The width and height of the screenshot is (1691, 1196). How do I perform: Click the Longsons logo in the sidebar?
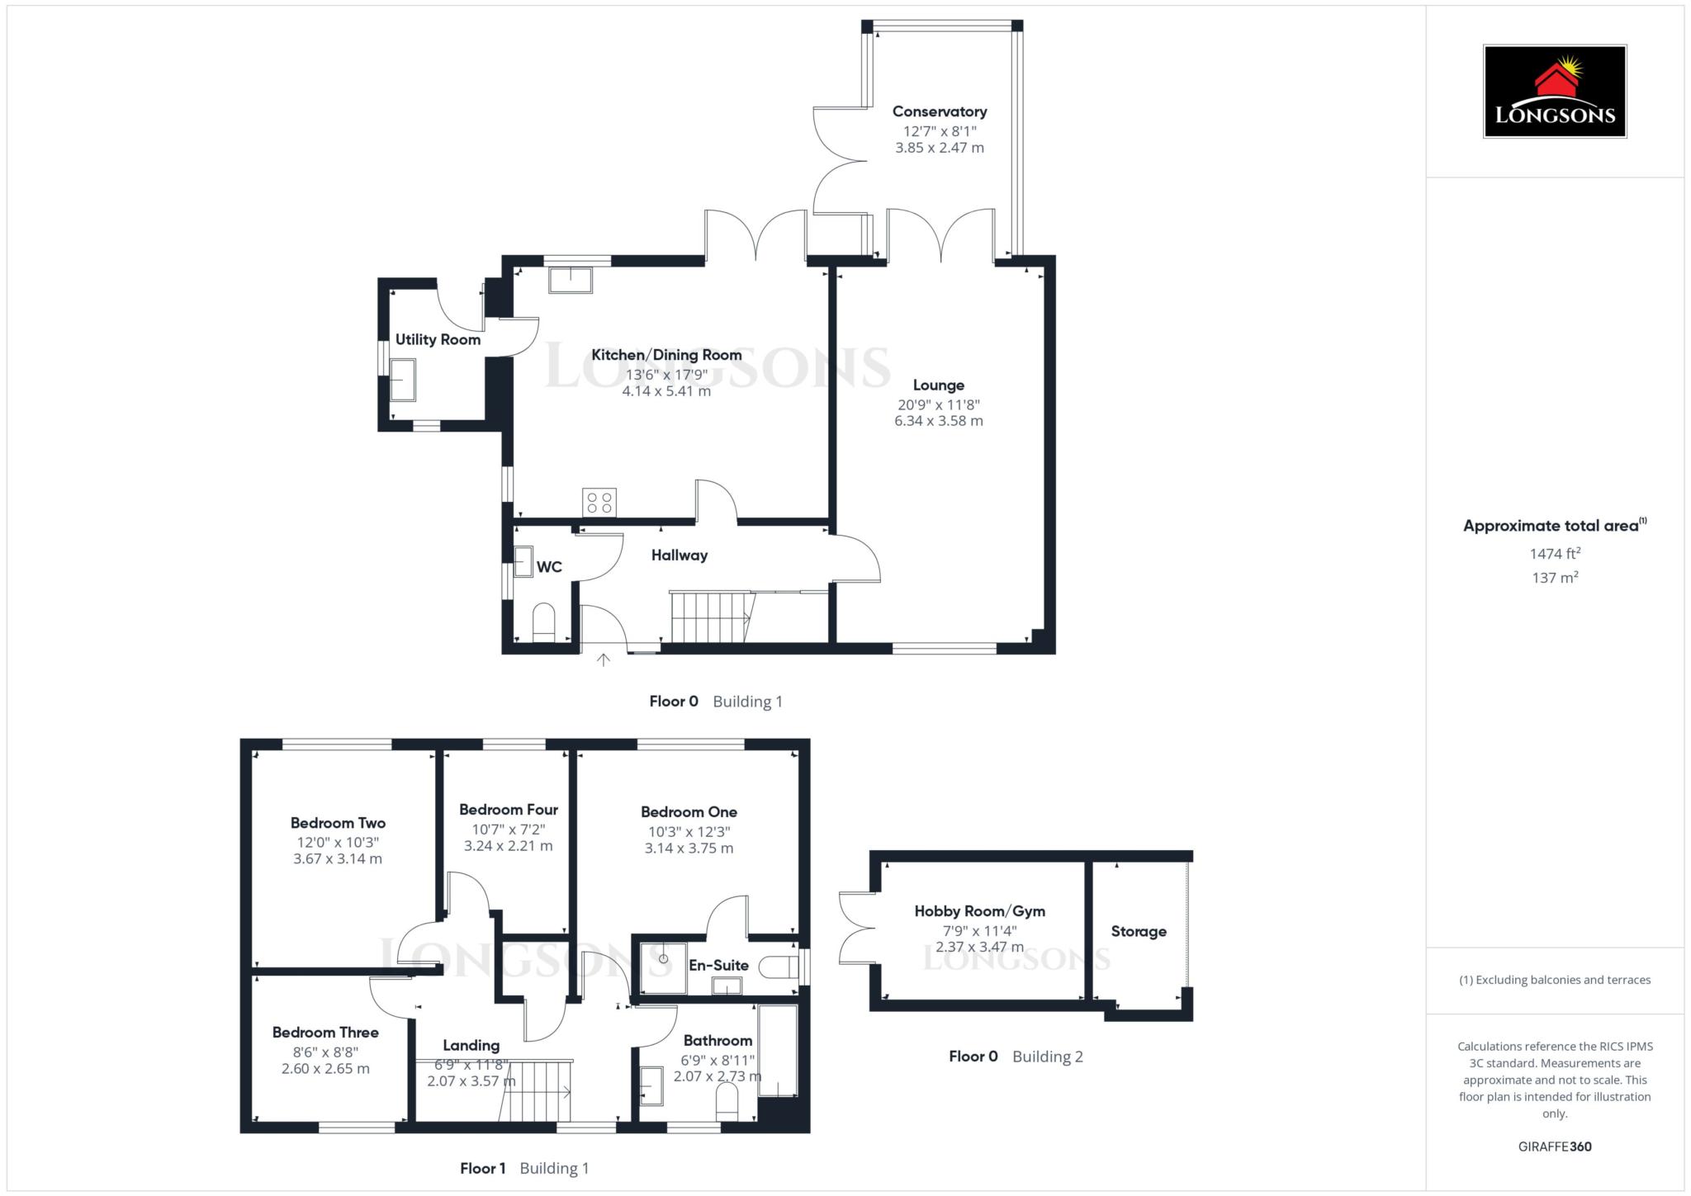point(1554,92)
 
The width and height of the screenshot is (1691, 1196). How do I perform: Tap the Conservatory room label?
point(939,111)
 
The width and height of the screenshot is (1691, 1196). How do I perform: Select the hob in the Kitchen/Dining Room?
point(599,503)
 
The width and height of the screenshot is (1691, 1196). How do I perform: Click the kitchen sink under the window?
point(571,279)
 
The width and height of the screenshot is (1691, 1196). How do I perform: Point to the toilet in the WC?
point(543,622)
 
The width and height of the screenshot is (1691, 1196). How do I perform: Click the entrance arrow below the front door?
point(604,659)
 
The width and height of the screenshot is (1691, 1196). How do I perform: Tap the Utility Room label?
point(438,339)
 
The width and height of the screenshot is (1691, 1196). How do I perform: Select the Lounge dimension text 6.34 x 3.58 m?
point(938,421)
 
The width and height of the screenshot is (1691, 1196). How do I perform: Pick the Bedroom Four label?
point(509,810)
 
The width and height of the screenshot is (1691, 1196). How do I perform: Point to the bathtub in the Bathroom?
point(778,1051)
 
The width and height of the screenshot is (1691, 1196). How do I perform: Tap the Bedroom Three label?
point(325,1033)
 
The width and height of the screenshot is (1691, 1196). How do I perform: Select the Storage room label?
point(1138,931)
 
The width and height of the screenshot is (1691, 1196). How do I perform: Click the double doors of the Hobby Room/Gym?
point(856,927)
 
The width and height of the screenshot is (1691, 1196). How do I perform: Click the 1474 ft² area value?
point(1554,554)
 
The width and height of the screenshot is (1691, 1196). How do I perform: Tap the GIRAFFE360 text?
point(1554,1146)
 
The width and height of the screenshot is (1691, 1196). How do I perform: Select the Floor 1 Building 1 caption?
point(524,1168)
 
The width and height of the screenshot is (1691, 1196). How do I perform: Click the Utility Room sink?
point(403,380)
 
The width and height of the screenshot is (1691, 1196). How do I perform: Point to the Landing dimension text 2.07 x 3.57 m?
point(471,1081)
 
